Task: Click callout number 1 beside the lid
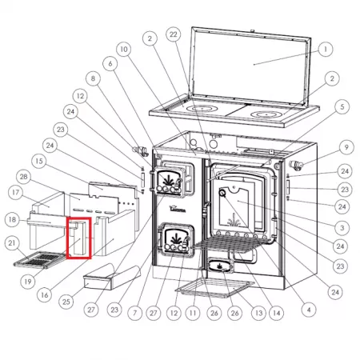click(326, 50)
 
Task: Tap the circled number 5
click(342, 107)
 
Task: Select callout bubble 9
click(346, 147)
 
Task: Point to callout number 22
click(174, 34)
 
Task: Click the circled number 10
click(124, 50)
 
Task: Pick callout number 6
click(110, 64)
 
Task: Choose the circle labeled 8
click(93, 78)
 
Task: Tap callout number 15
click(39, 161)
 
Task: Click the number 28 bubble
click(23, 177)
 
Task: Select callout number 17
click(15, 192)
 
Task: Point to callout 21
click(12, 243)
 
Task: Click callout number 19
click(28, 282)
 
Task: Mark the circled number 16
click(45, 295)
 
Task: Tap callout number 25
click(66, 302)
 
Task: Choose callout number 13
click(258, 313)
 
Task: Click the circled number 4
click(309, 310)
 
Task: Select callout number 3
click(342, 228)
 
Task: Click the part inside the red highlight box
click(78, 237)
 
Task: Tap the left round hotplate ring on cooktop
click(202, 109)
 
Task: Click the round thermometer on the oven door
click(222, 192)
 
